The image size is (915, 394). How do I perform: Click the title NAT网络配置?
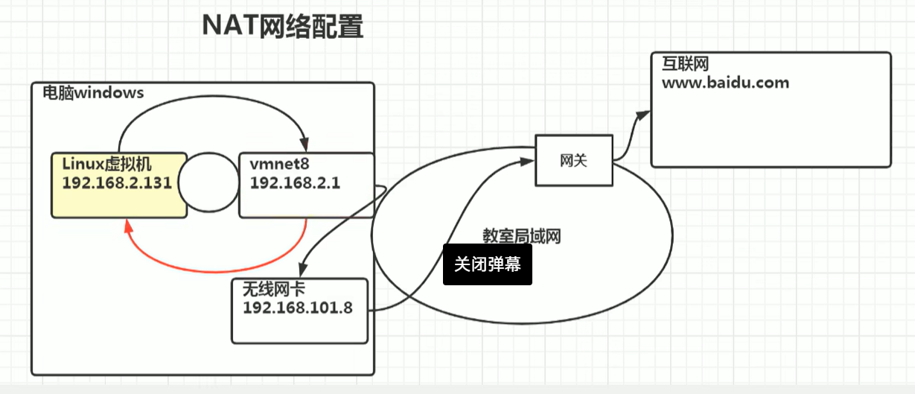coord(283,26)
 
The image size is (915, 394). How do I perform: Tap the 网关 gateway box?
coord(574,160)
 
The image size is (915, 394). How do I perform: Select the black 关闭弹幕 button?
coord(488,264)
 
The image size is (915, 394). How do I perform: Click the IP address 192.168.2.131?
coord(117,182)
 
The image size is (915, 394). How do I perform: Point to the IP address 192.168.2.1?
coord(295,182)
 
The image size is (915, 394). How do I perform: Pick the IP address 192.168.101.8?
coord(298,308)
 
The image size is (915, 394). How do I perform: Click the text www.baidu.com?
coord(725,83)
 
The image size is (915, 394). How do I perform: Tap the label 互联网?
coord(686,64)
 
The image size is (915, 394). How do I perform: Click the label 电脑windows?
coord(94,93)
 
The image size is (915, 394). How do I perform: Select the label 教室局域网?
coord(522,236)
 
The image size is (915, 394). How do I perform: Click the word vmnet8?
coord(279,164)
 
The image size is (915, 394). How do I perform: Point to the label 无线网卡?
coord(274,289)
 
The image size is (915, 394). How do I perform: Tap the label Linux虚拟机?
coord(107,164)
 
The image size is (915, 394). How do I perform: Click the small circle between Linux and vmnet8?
coord(208,182)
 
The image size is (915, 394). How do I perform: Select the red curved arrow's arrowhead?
coord(128,226)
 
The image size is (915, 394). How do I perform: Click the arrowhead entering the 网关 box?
coord(527,162)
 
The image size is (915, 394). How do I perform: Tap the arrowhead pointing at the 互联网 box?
coord(643,115)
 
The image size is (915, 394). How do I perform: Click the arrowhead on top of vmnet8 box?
coord(305,144)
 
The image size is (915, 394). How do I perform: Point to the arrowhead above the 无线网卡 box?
coord(303,270)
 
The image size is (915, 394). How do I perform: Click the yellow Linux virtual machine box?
coord(119,185)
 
